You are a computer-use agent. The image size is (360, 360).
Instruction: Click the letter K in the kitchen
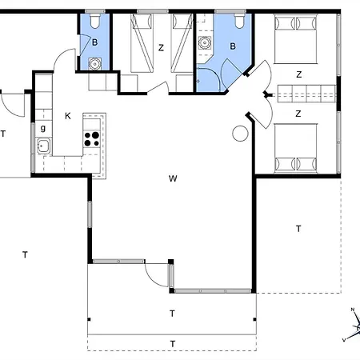point(68,116)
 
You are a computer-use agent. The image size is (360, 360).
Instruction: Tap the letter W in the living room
point(173,178)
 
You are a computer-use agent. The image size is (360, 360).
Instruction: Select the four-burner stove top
point(92,139)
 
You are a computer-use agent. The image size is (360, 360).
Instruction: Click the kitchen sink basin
point(44,146)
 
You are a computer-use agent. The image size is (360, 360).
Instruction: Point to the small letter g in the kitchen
point(43,129)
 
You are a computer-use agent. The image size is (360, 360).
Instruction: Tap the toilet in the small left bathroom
point(94,21)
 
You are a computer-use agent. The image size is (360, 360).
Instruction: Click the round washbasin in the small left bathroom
point(94,64)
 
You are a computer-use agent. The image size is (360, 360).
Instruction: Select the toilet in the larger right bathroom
point(239,21)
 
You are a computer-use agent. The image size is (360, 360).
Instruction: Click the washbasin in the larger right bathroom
point(205,42)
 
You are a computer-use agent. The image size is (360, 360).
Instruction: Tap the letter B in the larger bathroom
point(233,46)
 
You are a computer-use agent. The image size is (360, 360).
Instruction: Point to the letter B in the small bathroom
point(94,42)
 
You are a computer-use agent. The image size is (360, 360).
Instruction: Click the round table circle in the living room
point(240,134)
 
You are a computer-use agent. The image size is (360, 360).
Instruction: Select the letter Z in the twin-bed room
point(161,48)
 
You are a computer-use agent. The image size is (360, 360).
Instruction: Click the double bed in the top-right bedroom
point(296,39)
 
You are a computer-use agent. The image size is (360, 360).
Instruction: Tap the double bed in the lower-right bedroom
point(296,148)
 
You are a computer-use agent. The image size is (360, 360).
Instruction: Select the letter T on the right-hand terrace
point(298,229)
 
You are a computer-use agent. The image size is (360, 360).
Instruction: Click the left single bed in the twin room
point(142,43)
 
